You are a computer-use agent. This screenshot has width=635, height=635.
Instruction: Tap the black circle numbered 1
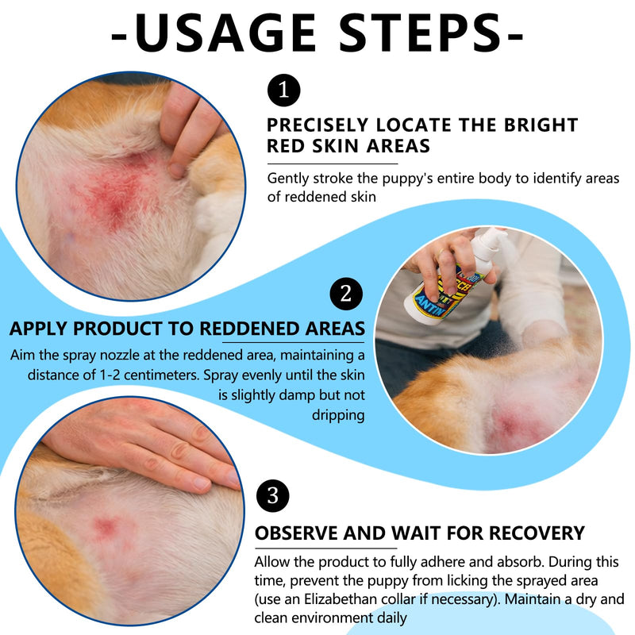[284, 90]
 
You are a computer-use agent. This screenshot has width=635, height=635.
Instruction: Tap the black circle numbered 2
[346, 294]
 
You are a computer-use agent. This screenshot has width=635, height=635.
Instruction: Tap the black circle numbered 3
[272, 495]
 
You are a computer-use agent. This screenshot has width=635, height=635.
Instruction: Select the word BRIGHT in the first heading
[541, 125]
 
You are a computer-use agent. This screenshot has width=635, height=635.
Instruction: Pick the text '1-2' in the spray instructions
[110, 375]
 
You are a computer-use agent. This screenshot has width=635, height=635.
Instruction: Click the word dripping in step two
[338, 415]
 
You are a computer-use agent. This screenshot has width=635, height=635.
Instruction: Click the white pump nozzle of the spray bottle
[489, 238]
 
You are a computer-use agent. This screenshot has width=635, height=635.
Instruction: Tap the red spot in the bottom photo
[106, 526]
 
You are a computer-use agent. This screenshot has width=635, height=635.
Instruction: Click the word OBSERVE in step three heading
[296, 533]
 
